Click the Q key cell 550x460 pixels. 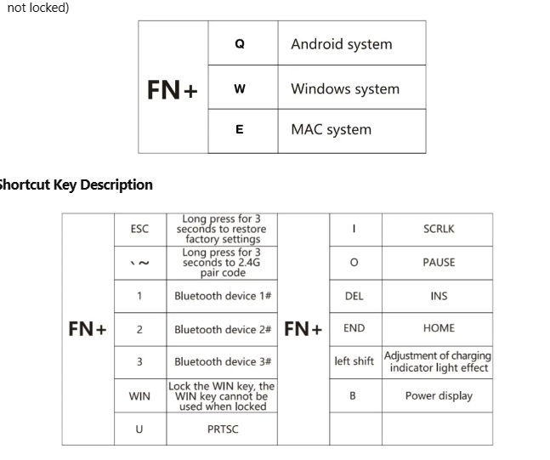pos(240,44)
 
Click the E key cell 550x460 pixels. pos(240,130)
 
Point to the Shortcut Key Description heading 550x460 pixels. pos(75,185)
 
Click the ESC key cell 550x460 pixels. pos(139,229)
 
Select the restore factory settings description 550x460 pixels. pos(221,229)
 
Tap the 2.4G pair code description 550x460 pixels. pos(221,263)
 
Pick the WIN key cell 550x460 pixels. pos(139,396)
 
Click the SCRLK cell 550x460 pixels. pos(439,229)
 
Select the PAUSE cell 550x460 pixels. pos(439,263)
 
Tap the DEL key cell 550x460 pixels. pos(354,296)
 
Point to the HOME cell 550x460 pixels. pos(439,328)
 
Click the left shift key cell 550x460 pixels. pos(354,361)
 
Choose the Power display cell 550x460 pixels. pos(439,396)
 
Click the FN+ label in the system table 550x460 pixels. pos(173,89)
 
